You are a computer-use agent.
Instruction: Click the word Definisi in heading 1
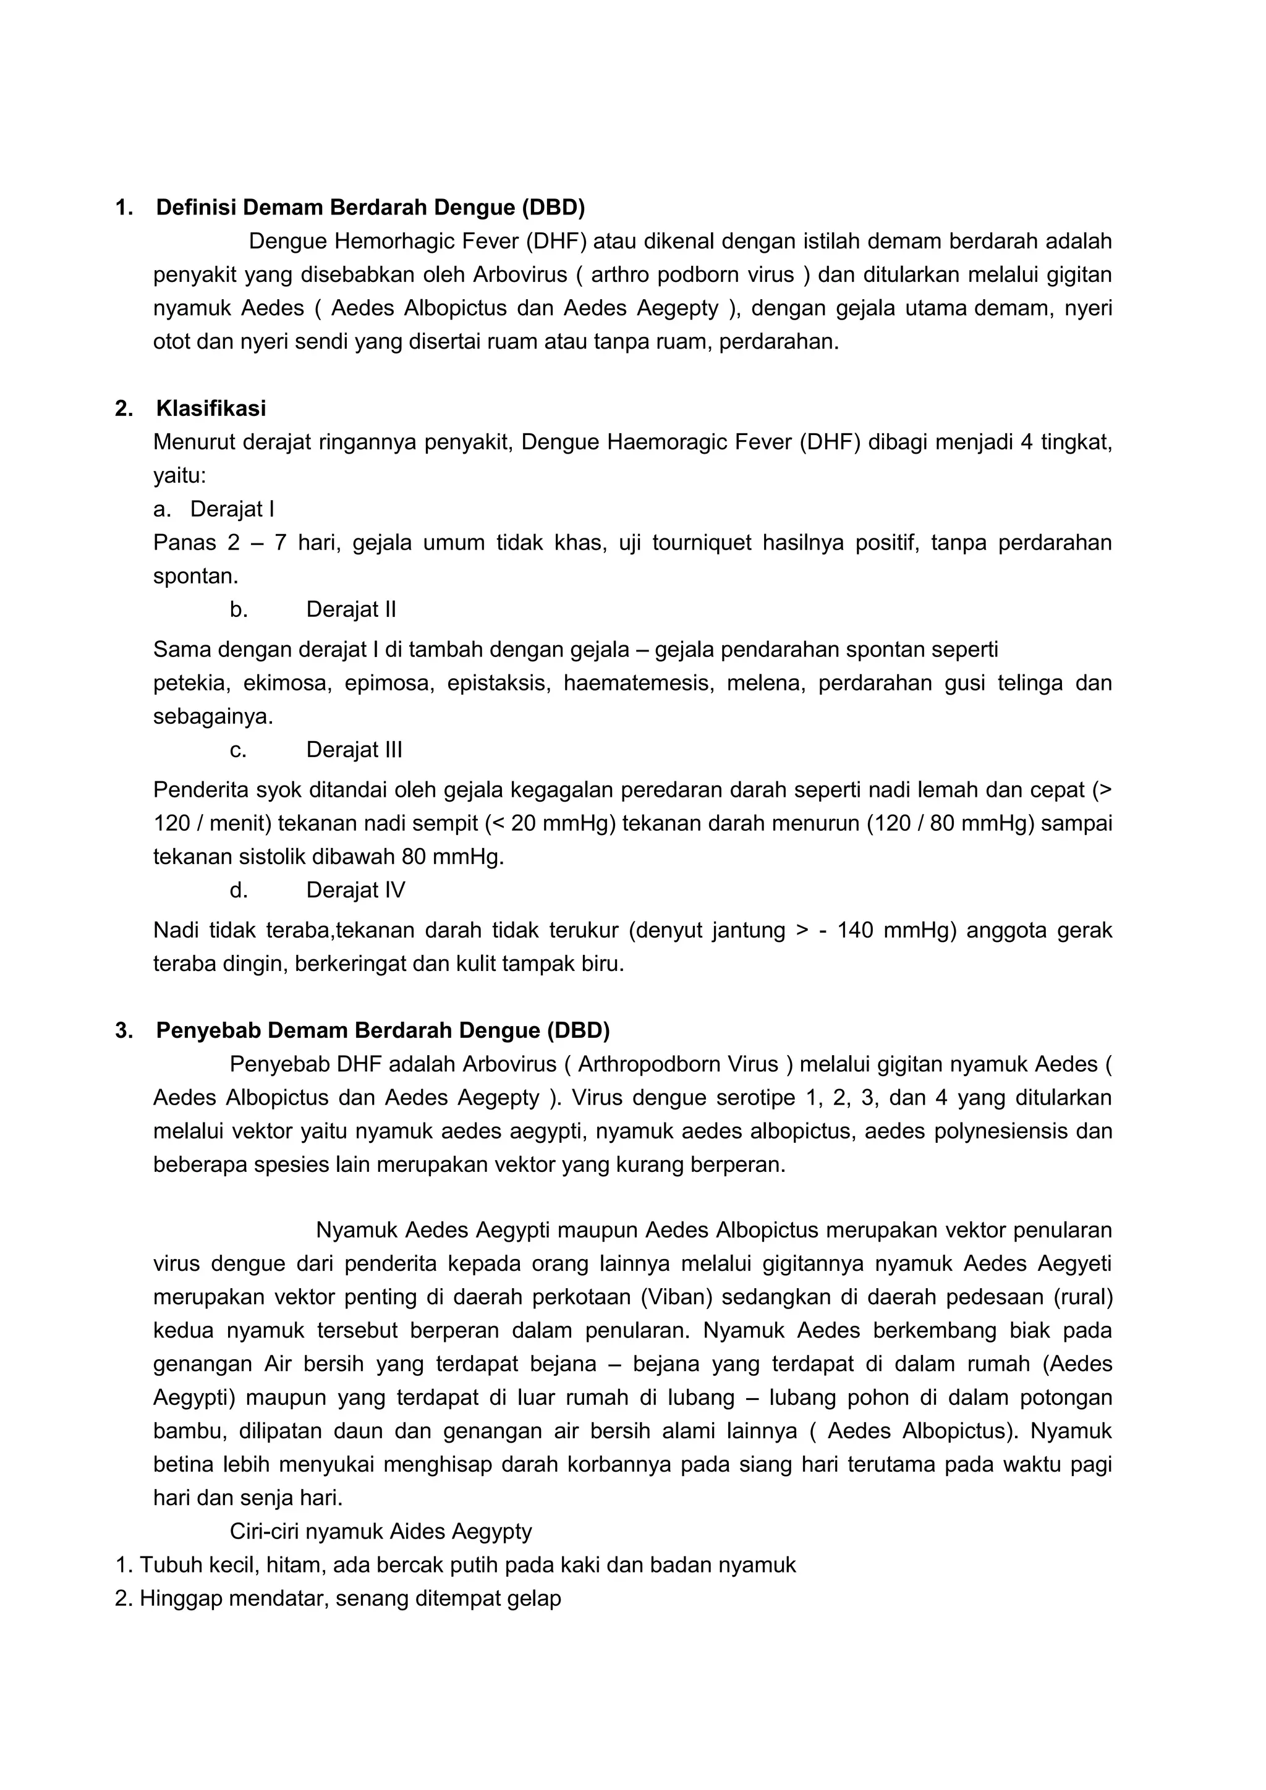coord(196,208)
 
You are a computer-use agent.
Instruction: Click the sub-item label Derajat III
coord(354,750)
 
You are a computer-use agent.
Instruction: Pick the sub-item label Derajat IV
coord(355,890)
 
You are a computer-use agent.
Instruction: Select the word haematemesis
coord(639,684)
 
